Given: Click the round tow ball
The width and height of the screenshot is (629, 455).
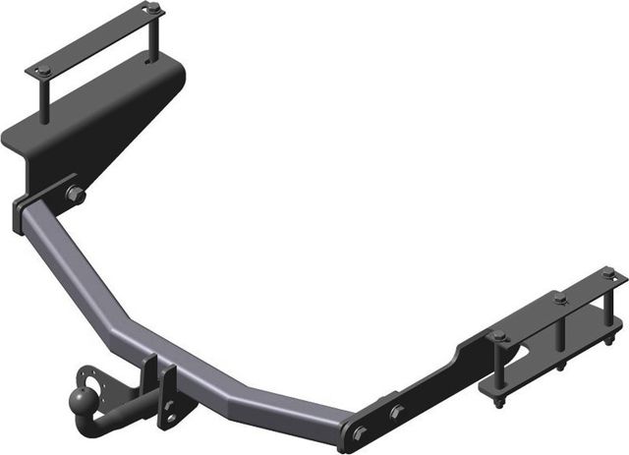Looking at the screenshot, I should [80, 398].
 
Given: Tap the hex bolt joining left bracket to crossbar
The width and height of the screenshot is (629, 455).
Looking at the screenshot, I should [76, 196].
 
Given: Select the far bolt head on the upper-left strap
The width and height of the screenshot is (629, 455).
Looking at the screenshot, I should [152, 9].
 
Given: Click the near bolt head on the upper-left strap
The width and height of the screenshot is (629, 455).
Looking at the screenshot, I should [43, 70].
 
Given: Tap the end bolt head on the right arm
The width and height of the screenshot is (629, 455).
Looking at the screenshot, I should [358, 432].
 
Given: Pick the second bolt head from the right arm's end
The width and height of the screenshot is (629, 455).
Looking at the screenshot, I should [395, 412].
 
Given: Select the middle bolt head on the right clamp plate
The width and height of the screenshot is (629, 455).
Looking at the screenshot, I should [560, 298].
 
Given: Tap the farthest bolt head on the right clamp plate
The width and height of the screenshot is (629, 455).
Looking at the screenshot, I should [608, 271].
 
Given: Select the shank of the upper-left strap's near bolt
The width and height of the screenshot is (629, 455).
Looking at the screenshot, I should [44, 98].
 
